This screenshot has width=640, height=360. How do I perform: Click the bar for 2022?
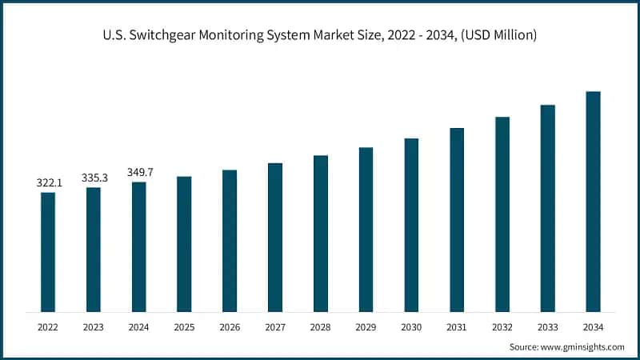click(48, 252)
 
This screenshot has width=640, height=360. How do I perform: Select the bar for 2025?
click(184, 244)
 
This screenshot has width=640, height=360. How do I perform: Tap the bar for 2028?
click(321, 234)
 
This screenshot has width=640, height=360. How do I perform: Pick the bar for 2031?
click(457, 220)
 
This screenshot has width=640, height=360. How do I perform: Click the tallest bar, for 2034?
click(593, 202)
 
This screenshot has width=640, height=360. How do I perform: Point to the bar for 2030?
click(411, 225)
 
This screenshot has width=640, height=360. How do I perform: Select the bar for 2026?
click(230, 241)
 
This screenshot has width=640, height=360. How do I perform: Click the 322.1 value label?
click(48, 183)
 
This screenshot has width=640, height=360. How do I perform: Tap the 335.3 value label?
click(94, 178)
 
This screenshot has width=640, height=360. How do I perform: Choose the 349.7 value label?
click(139, 172)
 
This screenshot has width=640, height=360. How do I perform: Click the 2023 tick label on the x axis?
click(94, 327)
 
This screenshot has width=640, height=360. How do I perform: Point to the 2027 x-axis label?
click(275, 327)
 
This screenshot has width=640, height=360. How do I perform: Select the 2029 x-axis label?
click(366, 327)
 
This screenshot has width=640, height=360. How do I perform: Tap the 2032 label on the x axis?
click(502, 327)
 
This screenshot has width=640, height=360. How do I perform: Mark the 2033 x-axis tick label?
click(547, 327)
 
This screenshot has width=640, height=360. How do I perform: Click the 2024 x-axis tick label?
click(139, 327)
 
